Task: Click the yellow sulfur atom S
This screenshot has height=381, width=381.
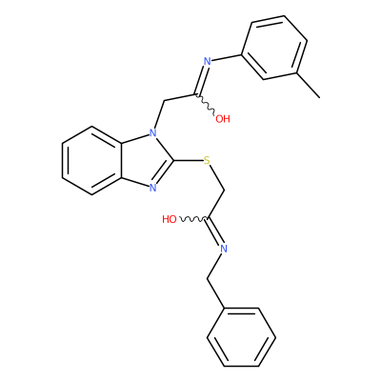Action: point(207,161)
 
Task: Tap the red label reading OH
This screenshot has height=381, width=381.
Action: point(223,119)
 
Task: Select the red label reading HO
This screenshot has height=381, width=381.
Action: point(170,219)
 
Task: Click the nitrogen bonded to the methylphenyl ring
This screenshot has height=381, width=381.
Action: point(207,61)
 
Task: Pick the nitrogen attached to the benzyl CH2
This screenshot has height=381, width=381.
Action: point(224,249)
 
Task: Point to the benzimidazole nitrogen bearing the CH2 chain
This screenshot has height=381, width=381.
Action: point(153,132)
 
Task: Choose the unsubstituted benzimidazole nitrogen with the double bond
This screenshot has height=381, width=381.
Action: point(153,188)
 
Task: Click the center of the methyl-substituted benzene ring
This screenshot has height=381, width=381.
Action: point(274,48)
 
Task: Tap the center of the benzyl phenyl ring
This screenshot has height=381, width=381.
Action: point(241,337)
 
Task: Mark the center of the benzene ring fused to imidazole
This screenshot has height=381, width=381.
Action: point(92,160)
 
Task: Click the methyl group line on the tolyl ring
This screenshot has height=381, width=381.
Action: point(309,86)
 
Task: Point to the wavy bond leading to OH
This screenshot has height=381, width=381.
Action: point(206,104)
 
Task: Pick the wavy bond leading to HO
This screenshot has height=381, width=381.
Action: point(193,219)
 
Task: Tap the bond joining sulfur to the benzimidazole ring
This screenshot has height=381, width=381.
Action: point(188,161)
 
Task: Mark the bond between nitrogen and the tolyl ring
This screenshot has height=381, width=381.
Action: point(227,58)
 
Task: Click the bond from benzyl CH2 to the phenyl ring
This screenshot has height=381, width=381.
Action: point(216,293)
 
